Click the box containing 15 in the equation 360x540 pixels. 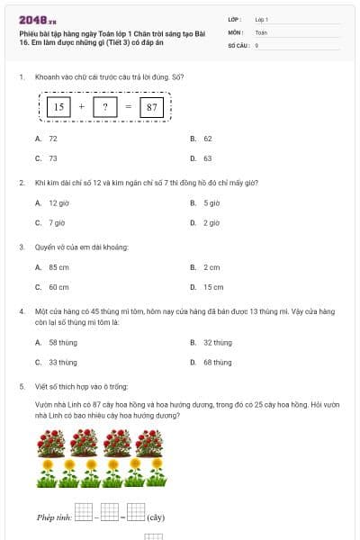(x=58, y=107)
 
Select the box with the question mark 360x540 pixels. (x=104, y=107)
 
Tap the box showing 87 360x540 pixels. (x=151, y=107)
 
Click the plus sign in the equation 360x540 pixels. (x=82, y=107)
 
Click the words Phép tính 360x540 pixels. (x=53, y=517)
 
